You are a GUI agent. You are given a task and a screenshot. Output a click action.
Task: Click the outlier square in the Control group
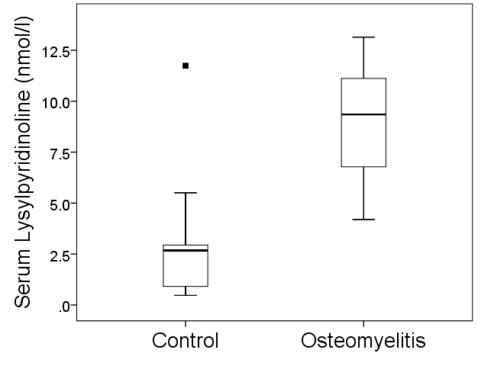pyautogui.click(x=186, y=66)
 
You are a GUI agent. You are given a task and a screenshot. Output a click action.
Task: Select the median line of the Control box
pyautogui.click(x=186, y=250)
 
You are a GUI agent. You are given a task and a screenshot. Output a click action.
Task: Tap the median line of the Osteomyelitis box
pyautogui.click(x=363, y=114)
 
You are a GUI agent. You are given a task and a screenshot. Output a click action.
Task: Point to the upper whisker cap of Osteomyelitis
pyautogui.click(x=363, y=37)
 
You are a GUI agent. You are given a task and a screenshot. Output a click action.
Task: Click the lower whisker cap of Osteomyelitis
pyautogui.click(x=363, y=220)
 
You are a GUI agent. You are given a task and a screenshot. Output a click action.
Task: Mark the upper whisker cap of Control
pyautogui.click(x=186, y=193)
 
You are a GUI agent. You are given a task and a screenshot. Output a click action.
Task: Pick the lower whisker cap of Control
pyautogui.click(x=186, y=295)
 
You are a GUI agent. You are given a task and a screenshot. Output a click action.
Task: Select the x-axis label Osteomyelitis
pyautogui.click(x=363, y=340)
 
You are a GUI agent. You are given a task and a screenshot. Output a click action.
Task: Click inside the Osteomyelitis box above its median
pyautogui.click(x=363, y=96)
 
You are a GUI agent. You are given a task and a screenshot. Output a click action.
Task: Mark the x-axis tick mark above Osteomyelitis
pyautogui.click(x=363, y=324)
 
